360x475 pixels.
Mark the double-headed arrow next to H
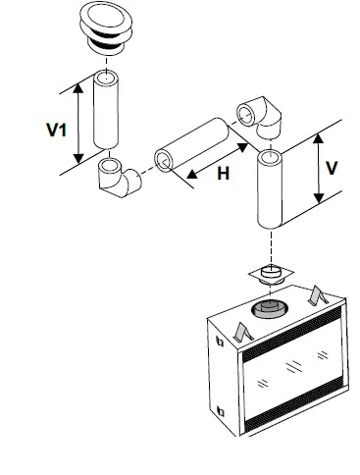(x=209, y=164)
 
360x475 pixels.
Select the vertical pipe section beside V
(x=270, y=189)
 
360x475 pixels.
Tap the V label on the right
(x=333, y=167)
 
